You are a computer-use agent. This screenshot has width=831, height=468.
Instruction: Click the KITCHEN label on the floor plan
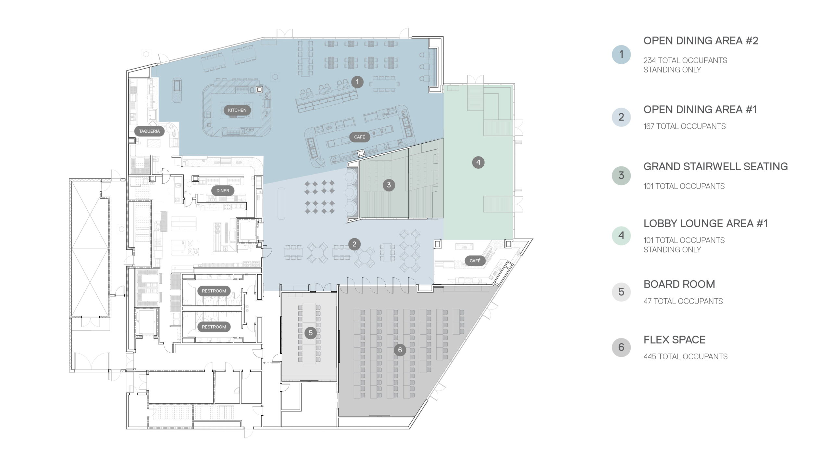pos(237,110)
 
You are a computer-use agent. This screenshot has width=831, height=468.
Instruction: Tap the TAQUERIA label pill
pos(149,131)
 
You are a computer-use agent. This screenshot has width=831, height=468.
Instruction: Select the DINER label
pos(223,191)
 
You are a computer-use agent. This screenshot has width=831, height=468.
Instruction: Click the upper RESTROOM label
pos(214,291)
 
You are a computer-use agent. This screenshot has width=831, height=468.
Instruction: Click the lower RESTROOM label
pos(214,327)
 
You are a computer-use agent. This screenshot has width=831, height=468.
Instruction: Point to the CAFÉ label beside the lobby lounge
pos(475,261)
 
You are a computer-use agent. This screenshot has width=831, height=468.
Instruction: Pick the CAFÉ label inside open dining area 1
pos(360,137)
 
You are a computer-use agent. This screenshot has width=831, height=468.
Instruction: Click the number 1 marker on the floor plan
pos(357,82)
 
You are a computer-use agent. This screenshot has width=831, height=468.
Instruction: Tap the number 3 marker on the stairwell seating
pos(389,185)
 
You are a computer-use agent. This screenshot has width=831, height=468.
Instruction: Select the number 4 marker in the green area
pos(478,162)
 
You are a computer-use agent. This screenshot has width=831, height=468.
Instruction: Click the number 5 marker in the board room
pos(311,333)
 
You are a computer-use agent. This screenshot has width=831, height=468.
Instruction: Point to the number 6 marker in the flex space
pos(400,350)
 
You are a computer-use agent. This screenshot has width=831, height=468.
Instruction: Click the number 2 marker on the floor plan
pos(354,244)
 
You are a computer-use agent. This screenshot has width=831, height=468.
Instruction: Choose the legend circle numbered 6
pos(621,347)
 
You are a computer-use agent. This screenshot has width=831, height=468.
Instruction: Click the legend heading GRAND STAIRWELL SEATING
pos(715,166)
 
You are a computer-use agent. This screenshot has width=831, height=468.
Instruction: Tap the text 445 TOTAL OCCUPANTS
pos(686,357)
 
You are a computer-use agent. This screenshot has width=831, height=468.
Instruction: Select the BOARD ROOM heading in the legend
pos(679,284)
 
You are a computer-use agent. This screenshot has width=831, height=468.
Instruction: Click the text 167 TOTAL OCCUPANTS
pos(685,126)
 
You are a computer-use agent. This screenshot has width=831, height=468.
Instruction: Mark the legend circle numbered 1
pos(621,55)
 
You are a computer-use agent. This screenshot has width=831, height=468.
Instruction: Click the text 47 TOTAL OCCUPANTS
pos(683,301)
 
